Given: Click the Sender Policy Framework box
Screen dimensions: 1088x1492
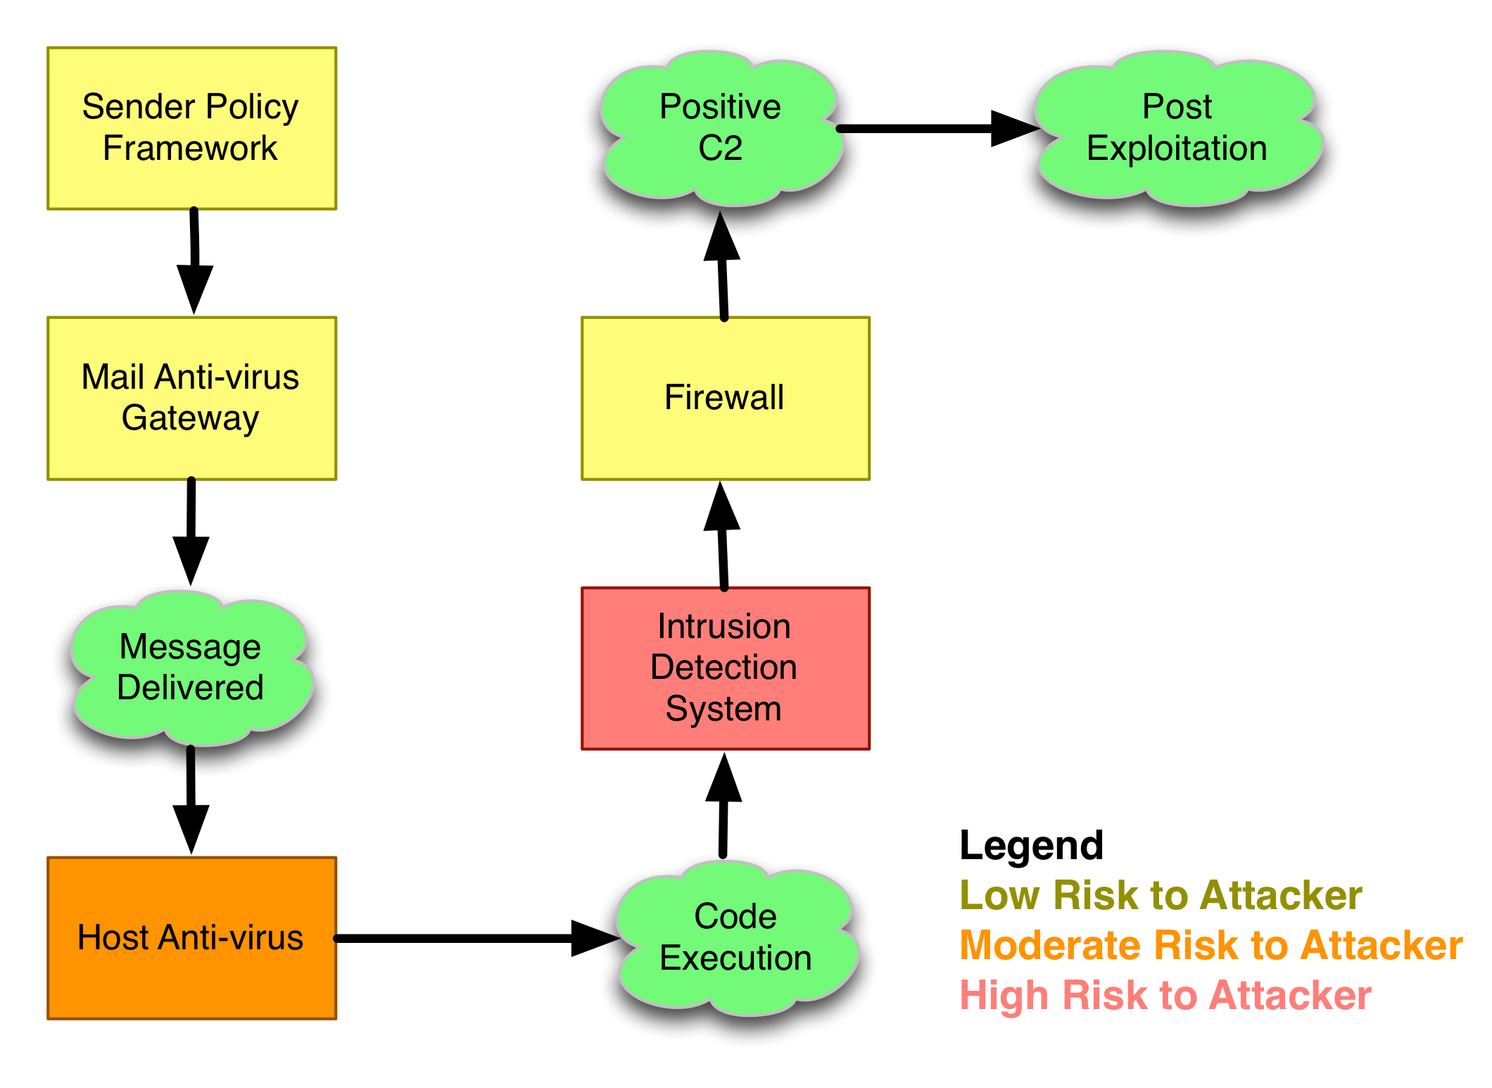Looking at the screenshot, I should click(x=191, y=128).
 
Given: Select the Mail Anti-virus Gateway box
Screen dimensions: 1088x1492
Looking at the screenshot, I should click(x=191, y=398).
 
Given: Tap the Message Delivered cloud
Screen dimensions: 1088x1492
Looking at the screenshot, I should click(x=190, y=667).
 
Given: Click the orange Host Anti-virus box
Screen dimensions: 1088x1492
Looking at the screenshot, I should click(x=191, y=937).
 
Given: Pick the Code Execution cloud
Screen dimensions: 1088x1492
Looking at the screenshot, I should click(x=735, y=938).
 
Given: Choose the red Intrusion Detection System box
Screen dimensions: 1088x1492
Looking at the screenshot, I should click(x=725, y=668).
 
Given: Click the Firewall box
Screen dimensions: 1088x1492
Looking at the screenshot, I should click(x=725, y=398).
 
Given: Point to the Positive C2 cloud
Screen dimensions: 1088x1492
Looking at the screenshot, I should click(x=720, y=128).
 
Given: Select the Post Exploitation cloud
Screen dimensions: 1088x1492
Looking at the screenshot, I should click(x=1177, y=128).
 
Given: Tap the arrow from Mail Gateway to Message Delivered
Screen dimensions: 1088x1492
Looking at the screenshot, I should click(x=191, y=528).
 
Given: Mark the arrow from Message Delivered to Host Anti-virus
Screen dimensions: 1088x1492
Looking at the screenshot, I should click(x=191, y=803).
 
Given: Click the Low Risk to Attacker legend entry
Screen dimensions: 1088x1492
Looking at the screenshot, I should click(x=1161, y=896).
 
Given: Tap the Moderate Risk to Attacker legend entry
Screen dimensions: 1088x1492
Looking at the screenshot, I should click(x=1210, y=945).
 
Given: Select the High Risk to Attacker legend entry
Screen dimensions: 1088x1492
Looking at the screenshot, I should click(x=1165, y=996).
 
